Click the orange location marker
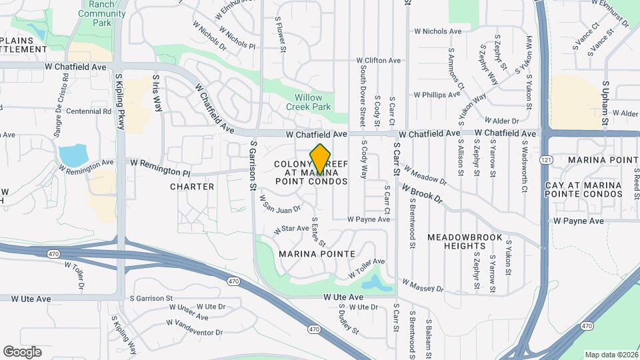(321, 159)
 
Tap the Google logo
(22, 352)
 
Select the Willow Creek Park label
(309, 101)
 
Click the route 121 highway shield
(547, 161)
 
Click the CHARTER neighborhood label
(192, 187)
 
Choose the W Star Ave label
(291, 229)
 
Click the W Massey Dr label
(423, 285)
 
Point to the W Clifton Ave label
(379, 61)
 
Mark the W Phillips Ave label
(437, 95)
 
